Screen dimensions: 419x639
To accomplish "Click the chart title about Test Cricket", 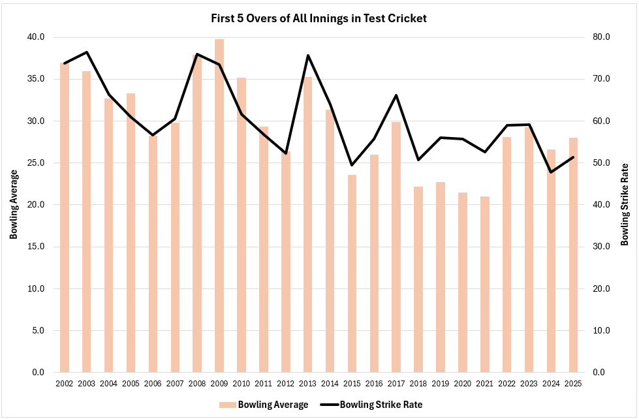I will point(319,18).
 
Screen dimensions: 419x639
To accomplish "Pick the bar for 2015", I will point(352,273).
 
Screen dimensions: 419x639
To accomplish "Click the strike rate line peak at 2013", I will point(308,55).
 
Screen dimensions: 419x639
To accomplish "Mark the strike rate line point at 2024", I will point(552,172).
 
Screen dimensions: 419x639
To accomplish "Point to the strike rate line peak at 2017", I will point(396,95).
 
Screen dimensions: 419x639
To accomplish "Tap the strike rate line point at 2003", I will point(87,52).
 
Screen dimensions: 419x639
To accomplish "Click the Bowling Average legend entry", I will point(264,405).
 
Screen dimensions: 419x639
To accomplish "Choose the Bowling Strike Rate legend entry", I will point(372,405).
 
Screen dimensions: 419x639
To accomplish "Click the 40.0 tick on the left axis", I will point(36,37).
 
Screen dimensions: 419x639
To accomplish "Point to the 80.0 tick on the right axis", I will point(601,37).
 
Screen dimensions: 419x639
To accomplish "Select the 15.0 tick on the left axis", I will point(36,247).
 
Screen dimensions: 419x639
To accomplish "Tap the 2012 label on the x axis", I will point(286,383).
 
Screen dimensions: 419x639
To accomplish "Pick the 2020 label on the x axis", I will point(463,383).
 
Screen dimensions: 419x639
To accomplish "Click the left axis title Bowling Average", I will point(13,204).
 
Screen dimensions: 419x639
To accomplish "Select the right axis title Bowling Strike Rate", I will point(625,204).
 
